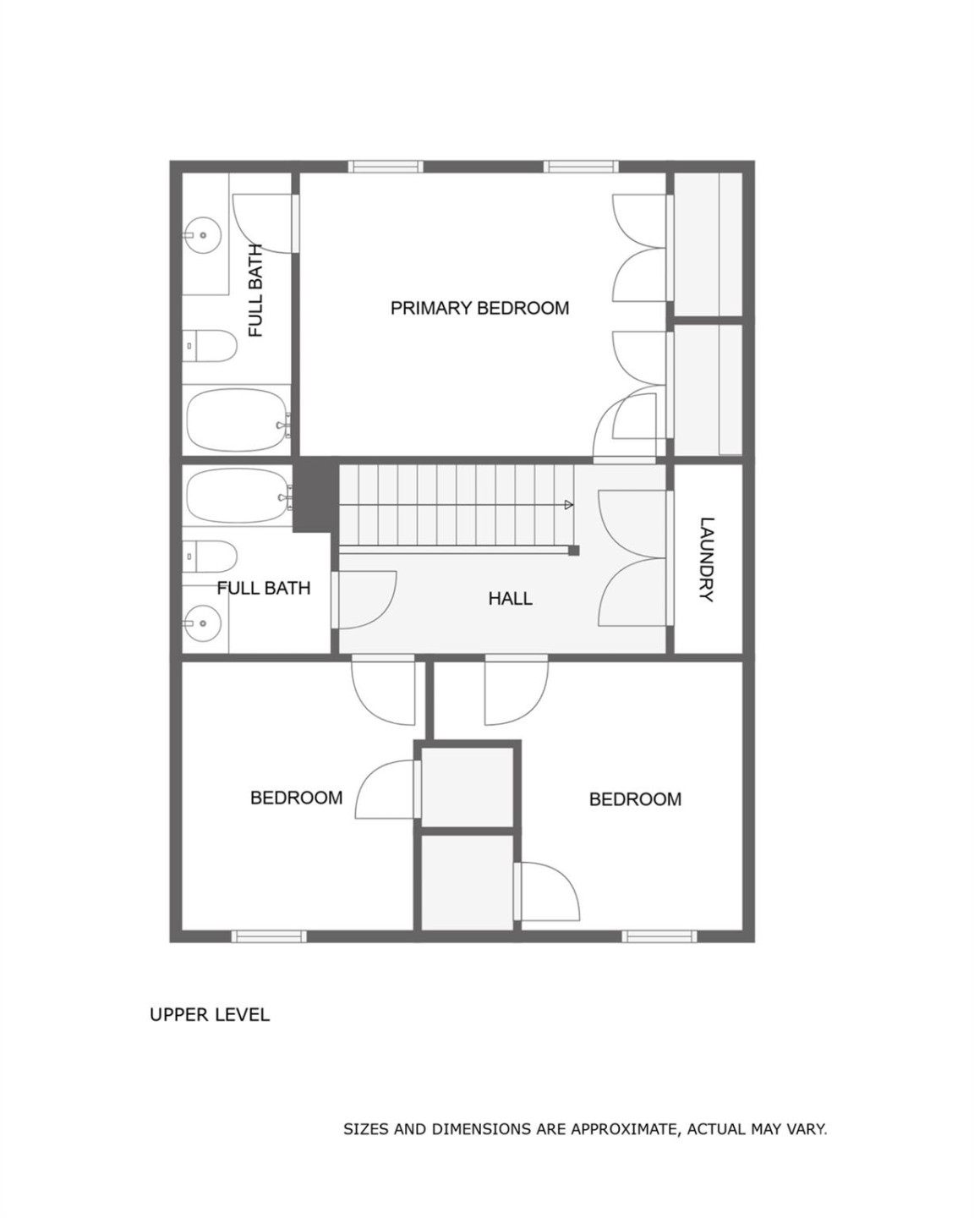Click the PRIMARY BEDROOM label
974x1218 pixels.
pyautogui.click(x=479, y=308)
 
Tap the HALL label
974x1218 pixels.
pyautogui.click(x=510, y=599)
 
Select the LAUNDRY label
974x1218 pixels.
pyautogui.click(x=707, y=559)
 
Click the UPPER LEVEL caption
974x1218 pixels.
pyautogui.click(x=210, y=1014)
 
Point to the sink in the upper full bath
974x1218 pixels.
pyautogui.click(x=202, y=235)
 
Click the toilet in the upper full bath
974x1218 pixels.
pyautogui.click(x=211, y=345)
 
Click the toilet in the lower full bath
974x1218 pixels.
pyautogui.click(x=211, y=557)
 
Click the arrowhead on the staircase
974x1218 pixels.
pyautogui.click(x=568, y=505)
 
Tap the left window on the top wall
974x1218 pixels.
pyautogui.click(x=386, y=167)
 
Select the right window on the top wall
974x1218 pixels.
pyautogui.click(x=581, y=167)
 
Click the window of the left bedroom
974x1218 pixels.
pyautogui.click(x=269, y=935)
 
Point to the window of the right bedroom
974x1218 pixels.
pyautogui.click(x=659, y=935)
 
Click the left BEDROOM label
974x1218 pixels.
pyautogui.click(x=296, y=798)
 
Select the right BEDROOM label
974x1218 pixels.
pyautogui.click(x=635, y=799)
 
